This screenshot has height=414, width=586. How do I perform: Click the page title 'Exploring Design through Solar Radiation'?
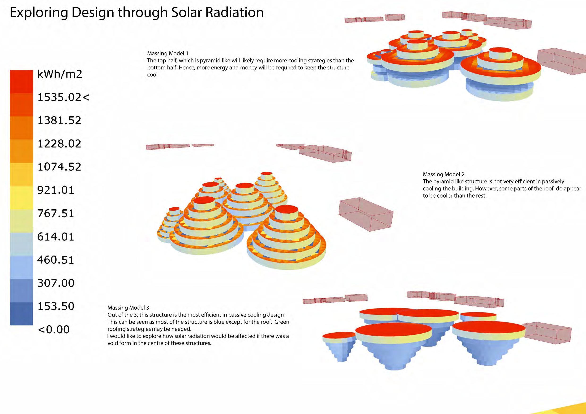137,13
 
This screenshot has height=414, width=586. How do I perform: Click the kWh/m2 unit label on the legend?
60,74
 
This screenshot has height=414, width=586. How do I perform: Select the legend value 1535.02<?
63,97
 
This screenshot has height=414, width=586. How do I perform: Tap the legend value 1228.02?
59,144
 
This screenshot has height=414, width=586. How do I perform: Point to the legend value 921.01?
56,190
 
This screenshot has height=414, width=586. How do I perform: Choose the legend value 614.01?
56,237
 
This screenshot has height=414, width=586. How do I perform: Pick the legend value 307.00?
56,283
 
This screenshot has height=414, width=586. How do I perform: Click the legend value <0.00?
54,329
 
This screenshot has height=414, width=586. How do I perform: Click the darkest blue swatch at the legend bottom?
21,314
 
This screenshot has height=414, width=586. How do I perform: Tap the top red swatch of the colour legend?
21,82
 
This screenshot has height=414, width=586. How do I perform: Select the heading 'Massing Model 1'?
168,54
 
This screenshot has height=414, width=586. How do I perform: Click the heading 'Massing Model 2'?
444,174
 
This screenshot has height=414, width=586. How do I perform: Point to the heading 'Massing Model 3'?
128,308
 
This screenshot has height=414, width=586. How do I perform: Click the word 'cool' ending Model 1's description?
152,75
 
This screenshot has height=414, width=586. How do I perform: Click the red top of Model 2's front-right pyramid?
287,209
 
